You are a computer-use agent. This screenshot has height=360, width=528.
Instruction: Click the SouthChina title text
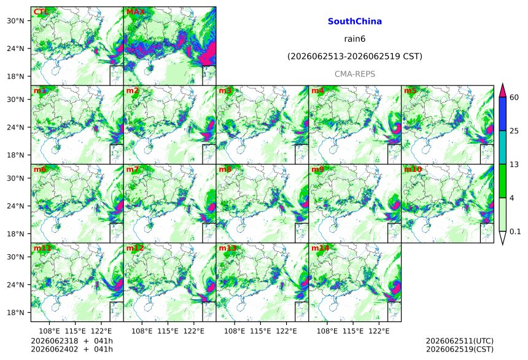(355, 22)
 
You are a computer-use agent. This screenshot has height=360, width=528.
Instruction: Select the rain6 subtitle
(355, 39)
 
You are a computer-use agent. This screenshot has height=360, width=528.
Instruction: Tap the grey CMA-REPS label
(355, 74)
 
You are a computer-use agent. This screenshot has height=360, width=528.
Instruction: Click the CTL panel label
(41, 12)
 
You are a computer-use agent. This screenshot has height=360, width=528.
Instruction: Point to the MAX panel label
(135, 12)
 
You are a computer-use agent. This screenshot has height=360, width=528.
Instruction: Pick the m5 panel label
(410, 91)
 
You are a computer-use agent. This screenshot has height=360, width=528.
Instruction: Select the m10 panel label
(413, 169)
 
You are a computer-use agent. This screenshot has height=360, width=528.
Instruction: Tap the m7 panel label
(133, 169)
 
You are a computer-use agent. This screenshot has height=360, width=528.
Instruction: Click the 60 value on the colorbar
(514, 98)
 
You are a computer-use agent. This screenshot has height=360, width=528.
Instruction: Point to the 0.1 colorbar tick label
(515, 232)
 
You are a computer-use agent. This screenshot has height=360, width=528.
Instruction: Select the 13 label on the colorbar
(514, 165)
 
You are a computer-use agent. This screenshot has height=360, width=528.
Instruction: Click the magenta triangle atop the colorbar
(503, 90)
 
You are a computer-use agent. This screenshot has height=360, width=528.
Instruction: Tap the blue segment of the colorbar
(503, 114)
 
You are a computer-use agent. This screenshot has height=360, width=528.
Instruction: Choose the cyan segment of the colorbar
(503, 147)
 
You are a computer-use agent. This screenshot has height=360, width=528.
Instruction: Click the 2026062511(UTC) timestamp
(460, 341)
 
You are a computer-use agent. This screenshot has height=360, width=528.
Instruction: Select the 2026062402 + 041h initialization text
(72, 349)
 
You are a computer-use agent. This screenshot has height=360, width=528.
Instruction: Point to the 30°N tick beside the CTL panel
(15, 20)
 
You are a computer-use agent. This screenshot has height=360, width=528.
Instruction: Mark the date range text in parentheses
(355, 57)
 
